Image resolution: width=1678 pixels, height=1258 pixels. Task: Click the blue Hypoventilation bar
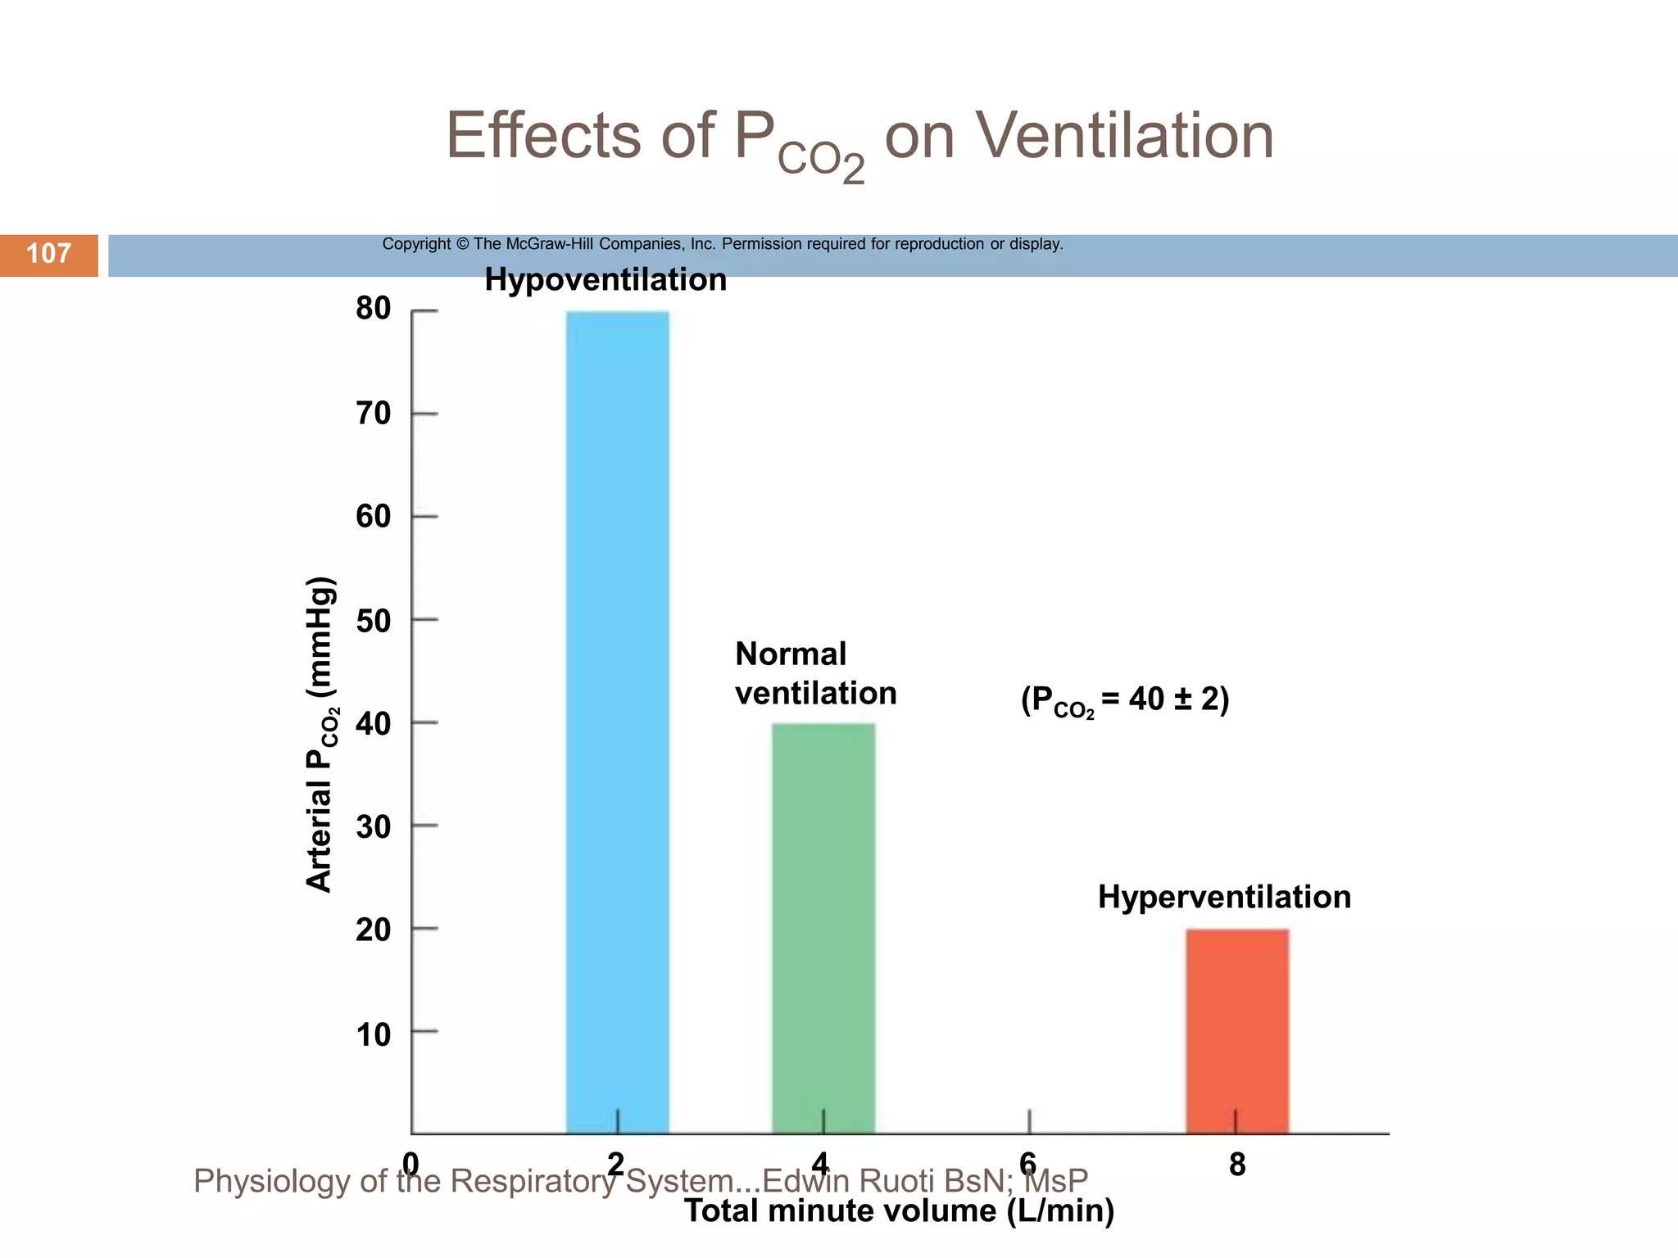tap(617, 721)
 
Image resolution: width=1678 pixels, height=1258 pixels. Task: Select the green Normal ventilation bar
tap(823, 925)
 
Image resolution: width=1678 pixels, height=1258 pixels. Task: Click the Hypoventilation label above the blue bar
tap(605, 280)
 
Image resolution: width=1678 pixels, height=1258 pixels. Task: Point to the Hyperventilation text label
tap(1224, 897)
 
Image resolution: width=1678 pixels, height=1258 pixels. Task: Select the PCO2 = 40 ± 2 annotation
tap(1124, 700)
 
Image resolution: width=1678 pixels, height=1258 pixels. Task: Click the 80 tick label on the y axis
tap(374, 309)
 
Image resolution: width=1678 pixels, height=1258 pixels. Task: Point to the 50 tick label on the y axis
tap(374, 621)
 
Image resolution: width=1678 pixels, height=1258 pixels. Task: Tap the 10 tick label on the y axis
tap(374, 1034)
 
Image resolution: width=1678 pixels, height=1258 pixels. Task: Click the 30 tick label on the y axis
tap(374, 827)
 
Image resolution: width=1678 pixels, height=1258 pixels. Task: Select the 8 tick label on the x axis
tap(1237, 1164)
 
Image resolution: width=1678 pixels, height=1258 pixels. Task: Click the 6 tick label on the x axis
tap(1028, 1163)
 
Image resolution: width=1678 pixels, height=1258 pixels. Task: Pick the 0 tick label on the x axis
tap(410, 1163)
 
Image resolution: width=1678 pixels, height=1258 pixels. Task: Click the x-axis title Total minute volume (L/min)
tap(899, 1211)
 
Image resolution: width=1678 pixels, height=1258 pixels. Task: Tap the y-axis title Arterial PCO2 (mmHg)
tap(320, 735)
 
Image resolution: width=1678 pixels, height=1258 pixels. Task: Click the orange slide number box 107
tap(49, 254)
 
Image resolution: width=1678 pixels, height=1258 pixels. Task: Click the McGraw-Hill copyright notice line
tap(722, 244)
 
